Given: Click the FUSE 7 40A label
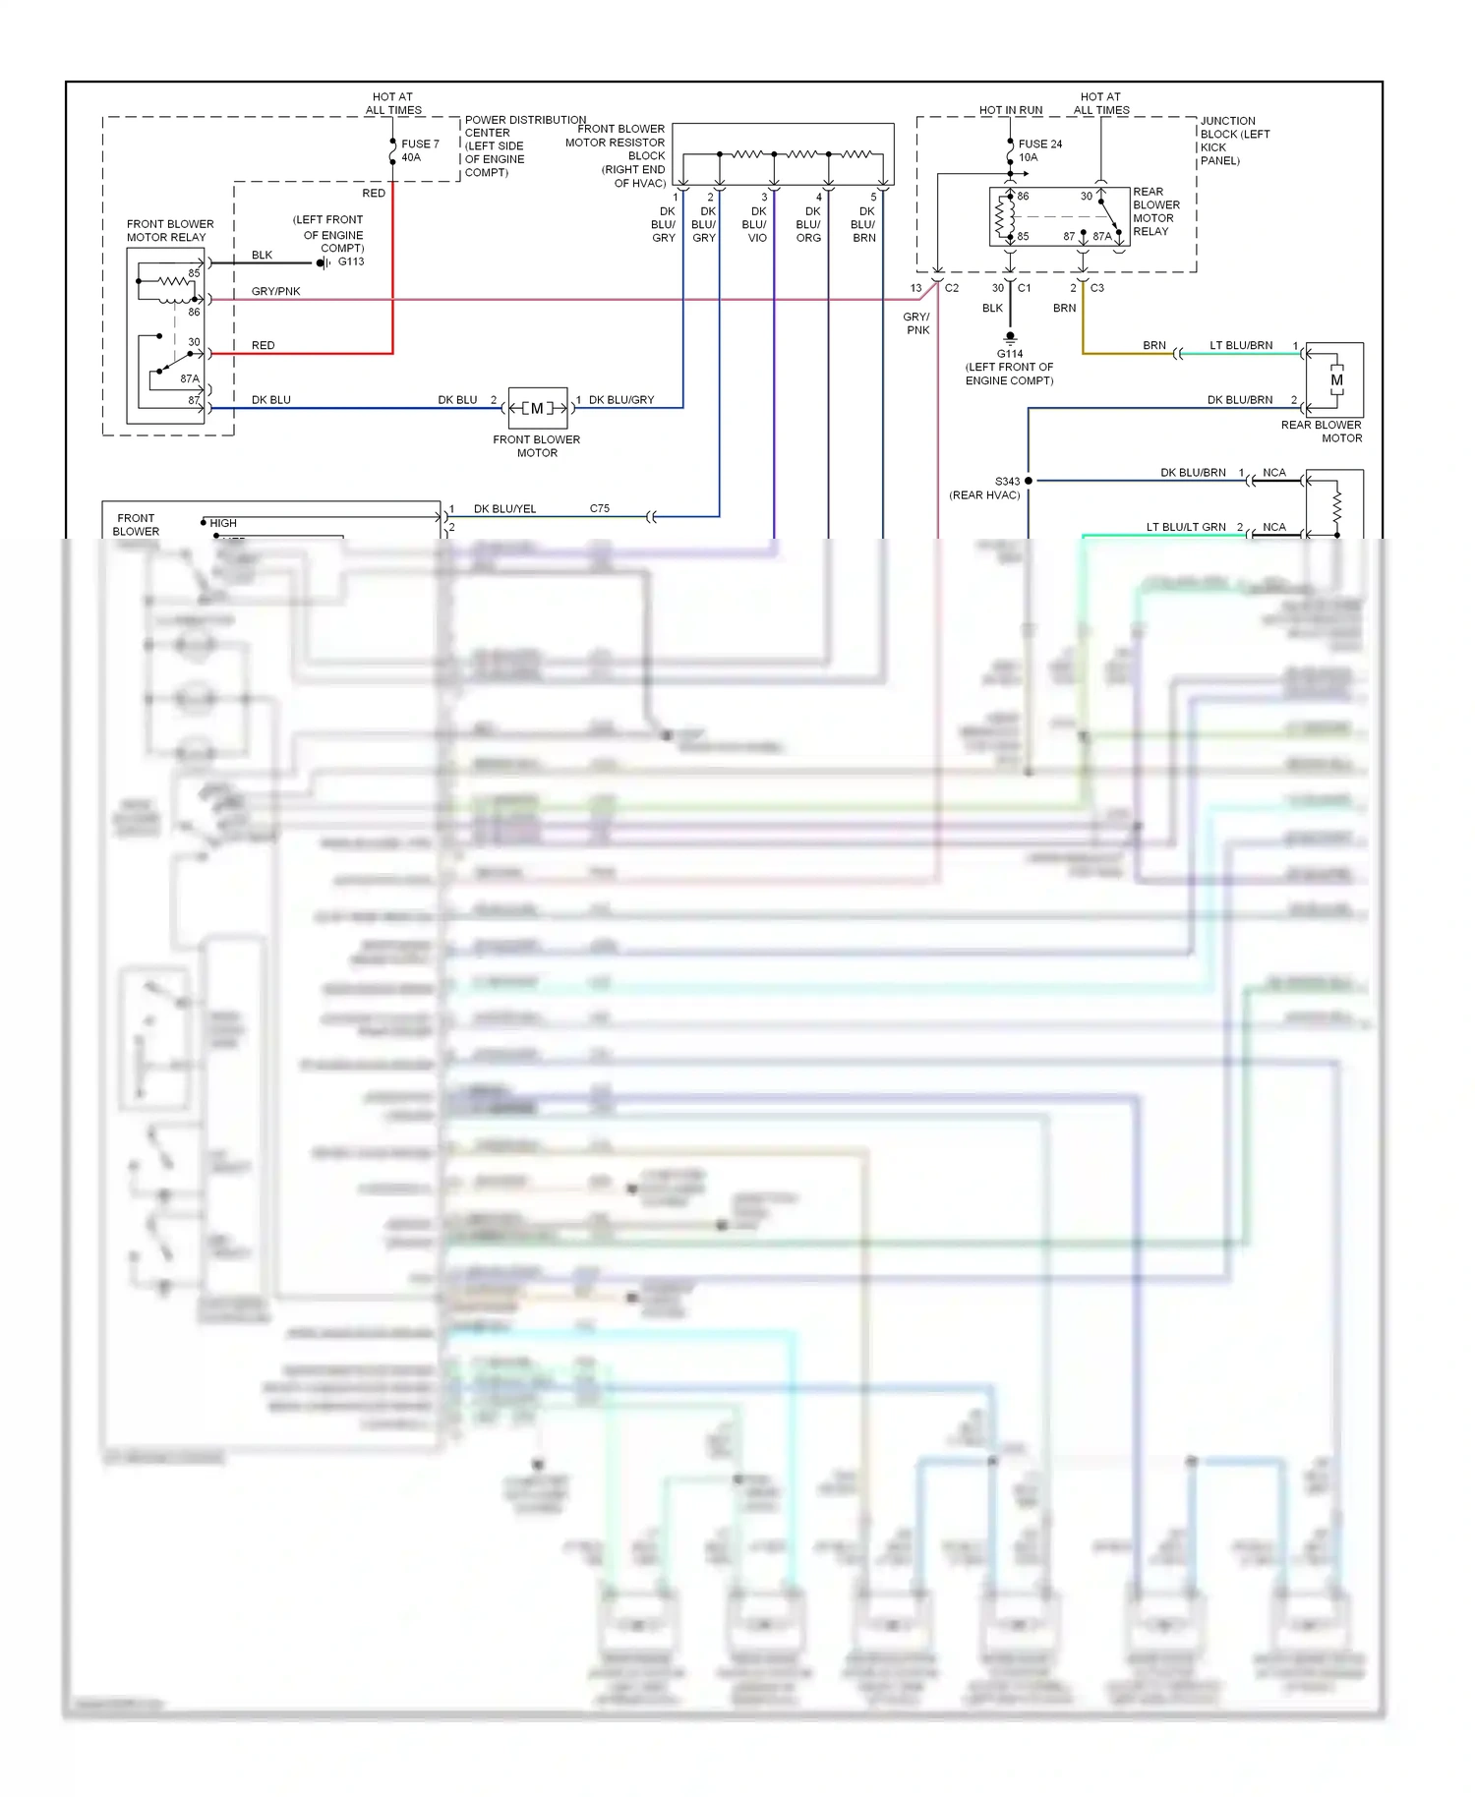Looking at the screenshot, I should (419, 150).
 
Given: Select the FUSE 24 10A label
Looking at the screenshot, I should (1038, 150).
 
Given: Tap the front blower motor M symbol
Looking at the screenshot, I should (537, 408).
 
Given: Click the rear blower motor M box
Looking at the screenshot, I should (1335, 380).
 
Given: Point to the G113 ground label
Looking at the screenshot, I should (351, 261).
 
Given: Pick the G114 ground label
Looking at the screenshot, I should (1010, 354).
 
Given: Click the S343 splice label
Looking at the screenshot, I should (1007, 482).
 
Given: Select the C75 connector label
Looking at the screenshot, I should (599, 508).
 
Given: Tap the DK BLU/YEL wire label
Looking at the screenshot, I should (504, 509).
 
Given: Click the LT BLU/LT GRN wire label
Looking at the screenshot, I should (1185, 527).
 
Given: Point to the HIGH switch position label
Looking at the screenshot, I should (223, 523).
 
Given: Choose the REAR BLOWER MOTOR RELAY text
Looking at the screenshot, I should (1155, 211).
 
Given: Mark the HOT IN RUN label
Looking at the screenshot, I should (1010, 110).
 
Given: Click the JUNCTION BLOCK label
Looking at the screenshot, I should (1234, 141).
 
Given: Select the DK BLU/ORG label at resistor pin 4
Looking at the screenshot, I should (809, 224).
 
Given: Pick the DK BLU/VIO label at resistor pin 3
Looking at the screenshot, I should (755, 224).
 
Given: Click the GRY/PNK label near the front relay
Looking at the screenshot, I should (275, 292).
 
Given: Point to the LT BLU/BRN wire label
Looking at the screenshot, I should (1240, 346).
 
